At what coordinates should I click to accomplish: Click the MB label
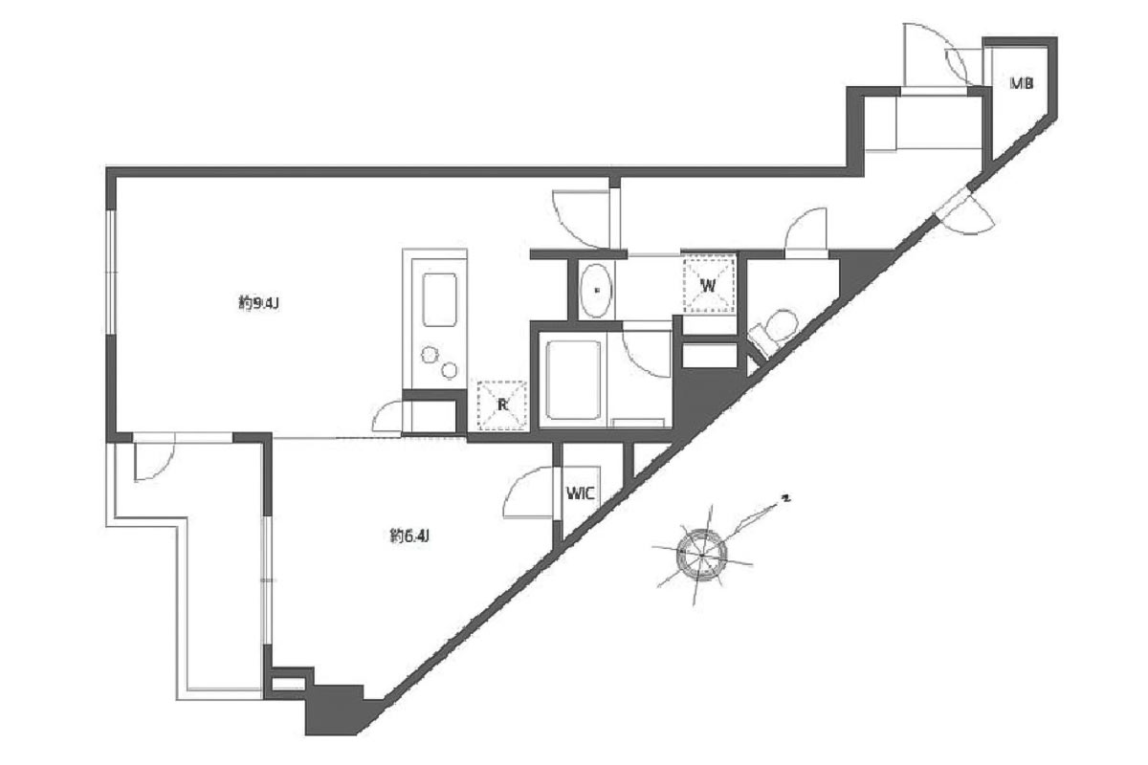pyautogui.click(x=1021, y=83)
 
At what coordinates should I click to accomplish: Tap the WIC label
pyautogui.click(x=581, y=494)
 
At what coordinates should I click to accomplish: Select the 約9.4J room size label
pyautogui.click(x=257, y=303)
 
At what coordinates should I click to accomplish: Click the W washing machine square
pyautogui.click(x=709, y=284)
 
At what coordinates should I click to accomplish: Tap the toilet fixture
pyautogui.click(x=772, y=330)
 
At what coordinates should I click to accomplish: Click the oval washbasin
pyautogui.click(x=597, y=288)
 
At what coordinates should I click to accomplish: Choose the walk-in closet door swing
pyautogui.click(x=531, y=492)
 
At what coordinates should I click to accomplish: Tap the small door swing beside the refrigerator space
pyautogui.click(x=392, y=417)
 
